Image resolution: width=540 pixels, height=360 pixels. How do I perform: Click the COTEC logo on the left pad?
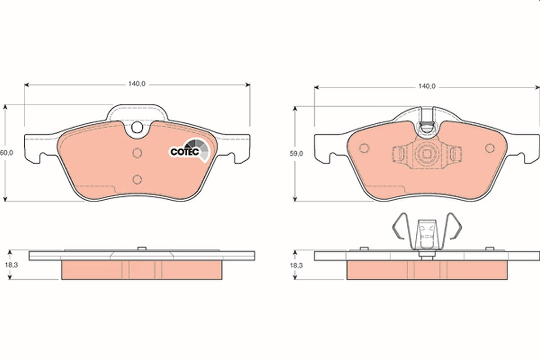point(190,150)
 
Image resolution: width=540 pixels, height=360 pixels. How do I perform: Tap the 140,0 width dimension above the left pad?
point(137,84)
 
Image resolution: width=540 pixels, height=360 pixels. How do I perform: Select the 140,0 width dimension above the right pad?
point(427,86)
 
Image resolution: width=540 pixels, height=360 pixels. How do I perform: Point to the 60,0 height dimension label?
point(6,153)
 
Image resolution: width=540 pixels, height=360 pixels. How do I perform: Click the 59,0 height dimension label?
point(296,154)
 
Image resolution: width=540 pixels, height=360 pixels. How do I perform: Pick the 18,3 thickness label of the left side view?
point(12,265)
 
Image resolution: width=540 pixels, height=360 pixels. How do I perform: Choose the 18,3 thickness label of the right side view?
point(296,265)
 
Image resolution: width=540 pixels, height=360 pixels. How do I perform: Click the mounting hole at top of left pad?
point(137,127)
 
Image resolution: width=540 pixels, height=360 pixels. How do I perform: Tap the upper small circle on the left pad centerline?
point(137,153)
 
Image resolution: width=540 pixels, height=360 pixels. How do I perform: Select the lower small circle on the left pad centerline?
point(137,179)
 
